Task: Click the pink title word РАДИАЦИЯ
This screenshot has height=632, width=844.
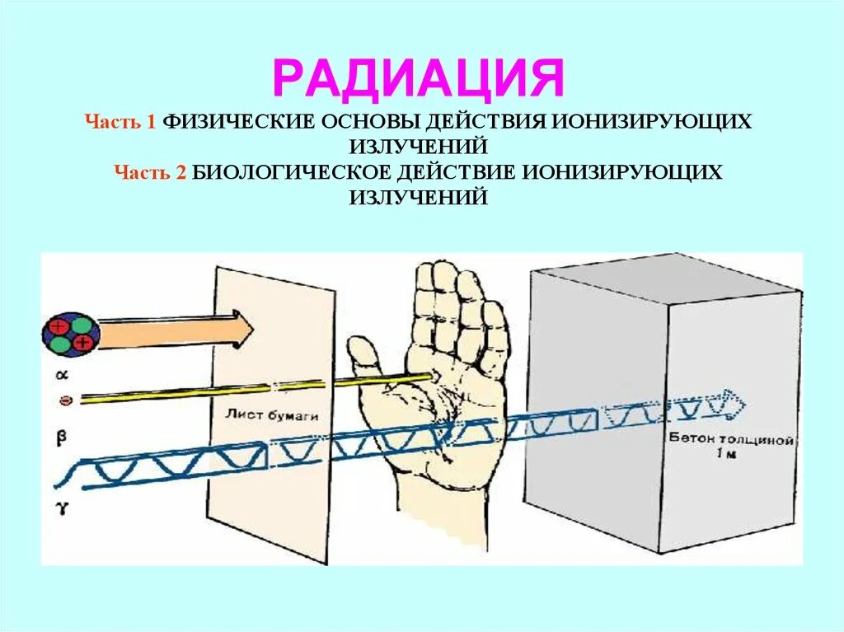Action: (420, 79)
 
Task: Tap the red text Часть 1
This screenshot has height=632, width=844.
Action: (120, 122)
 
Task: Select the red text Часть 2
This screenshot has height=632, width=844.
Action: (152, 171)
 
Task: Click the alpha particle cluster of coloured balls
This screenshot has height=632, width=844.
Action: (71, 334)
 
